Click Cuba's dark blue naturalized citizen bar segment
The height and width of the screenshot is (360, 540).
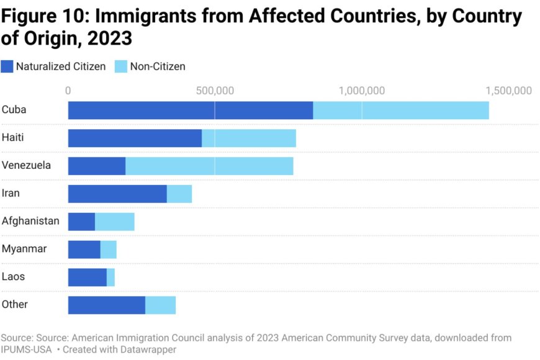[191, 110]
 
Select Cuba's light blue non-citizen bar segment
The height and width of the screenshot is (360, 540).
[401, 110]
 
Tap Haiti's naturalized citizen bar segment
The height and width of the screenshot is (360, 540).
[135, 138]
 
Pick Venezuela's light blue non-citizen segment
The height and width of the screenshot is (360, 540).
[209, 166]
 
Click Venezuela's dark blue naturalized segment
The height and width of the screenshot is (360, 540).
[97, 166]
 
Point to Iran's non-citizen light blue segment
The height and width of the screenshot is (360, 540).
[179, 194]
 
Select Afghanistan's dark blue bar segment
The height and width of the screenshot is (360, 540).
[81, 222]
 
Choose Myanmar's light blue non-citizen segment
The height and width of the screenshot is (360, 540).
[109, 250]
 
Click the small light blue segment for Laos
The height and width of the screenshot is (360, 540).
[111, 277]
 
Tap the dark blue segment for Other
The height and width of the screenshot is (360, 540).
[107, 305]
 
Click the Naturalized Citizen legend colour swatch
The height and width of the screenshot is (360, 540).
[7, 66]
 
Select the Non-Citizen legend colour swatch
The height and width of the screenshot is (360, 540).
[121, 66]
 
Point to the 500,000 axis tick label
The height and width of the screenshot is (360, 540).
[215, 91]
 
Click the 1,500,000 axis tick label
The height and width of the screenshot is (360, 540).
[509, 91]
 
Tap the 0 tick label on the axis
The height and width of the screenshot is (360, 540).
[68, 91]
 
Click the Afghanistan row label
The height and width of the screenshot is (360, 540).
[30, 221]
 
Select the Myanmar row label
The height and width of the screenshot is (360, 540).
[24, 249]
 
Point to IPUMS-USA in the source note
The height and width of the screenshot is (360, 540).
[26, 349]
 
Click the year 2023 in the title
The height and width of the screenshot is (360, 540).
[110, 38]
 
